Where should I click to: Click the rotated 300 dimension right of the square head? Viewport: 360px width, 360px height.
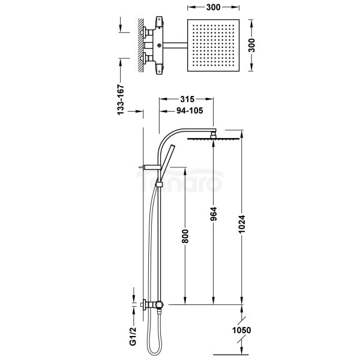(253, 44)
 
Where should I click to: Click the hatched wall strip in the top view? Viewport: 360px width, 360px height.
(140, 45)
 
